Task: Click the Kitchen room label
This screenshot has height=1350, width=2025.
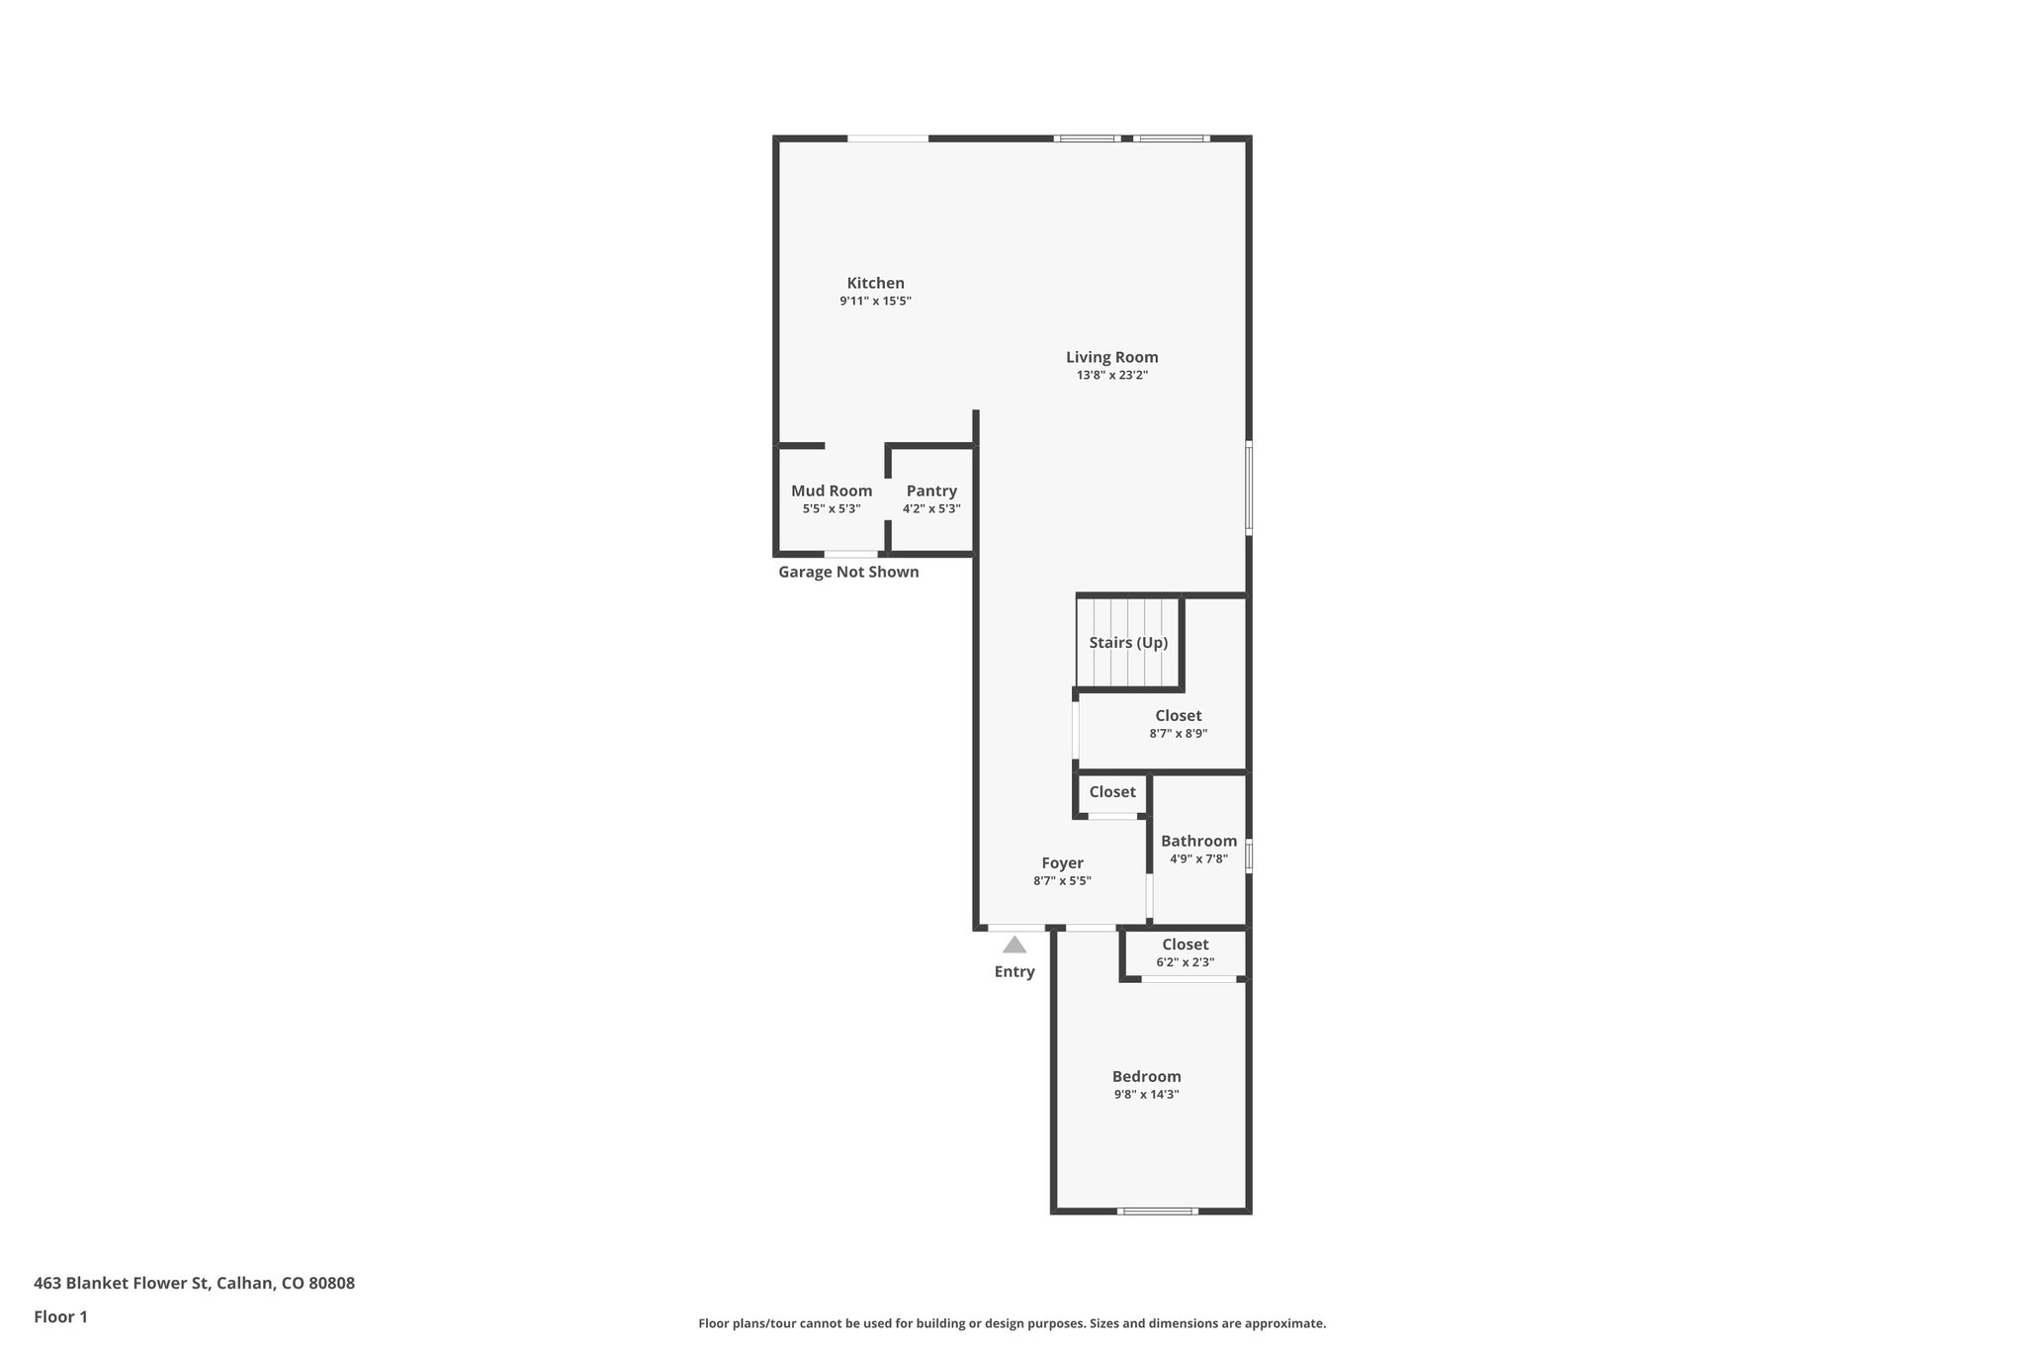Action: click(875, 283)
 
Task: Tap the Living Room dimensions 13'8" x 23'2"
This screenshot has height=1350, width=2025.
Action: click(1111, 376)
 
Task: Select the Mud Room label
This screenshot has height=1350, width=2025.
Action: click(831, 491)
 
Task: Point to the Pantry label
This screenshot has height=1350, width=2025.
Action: click(931, 491)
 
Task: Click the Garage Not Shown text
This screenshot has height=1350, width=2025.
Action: click(848, 572)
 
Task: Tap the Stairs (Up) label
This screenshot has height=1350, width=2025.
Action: click(1128, 643)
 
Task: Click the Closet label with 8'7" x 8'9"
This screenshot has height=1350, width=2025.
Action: click(1178, 715)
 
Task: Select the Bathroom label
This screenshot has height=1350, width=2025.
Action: click(1198, 841)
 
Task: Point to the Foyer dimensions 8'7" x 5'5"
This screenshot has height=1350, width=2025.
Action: click(1062, 881)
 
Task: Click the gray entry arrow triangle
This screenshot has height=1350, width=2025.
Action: click(1014, 945)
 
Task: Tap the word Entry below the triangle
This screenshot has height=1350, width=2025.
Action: click(1014, 972)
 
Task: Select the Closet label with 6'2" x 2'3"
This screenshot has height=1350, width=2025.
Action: click(1185, 945)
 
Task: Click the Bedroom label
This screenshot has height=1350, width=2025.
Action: click(1146, 1077)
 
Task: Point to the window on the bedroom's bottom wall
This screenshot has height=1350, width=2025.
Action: click(1157, 1211)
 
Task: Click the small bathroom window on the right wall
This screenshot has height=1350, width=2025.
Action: click(1249, 855)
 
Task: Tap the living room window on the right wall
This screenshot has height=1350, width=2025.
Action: click(1249, 488)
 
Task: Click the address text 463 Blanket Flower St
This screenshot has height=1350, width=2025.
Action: click(194, 1284)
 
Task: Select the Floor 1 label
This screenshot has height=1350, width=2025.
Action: click(60, 1317)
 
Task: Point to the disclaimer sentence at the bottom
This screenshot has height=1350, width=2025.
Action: click(1012, 1323)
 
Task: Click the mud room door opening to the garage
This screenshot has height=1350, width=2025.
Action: click(850, 554)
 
